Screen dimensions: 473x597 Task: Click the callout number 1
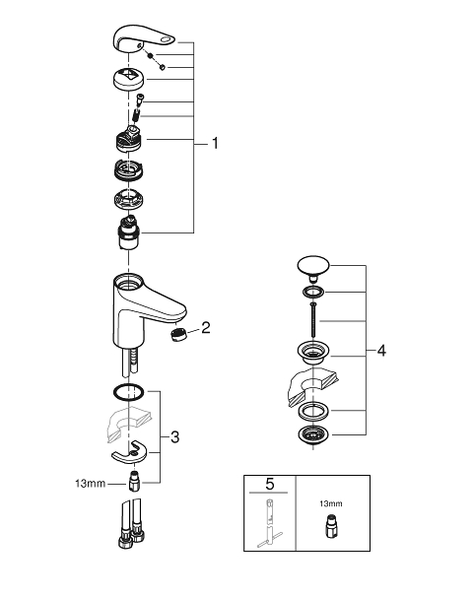[215, 144]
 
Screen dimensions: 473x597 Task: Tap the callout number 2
[206, 327]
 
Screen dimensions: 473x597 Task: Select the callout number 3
[174, 437]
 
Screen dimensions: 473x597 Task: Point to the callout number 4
[381, 351]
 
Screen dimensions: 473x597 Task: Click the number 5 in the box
[270, 484]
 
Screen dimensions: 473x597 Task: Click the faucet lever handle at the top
[144, 37]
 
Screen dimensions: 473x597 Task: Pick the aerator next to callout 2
[176, 335]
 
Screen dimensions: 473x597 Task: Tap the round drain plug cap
[313, 265]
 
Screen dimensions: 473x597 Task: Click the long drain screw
[313, 319]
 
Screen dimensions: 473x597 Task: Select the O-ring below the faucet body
[128, 392]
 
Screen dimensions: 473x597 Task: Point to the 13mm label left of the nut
[91, 484]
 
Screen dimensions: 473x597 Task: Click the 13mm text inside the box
[330, 503]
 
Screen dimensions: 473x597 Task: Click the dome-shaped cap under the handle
[129, 77]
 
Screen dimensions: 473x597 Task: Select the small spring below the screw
[136, 114]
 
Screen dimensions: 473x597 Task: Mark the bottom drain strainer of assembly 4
[312, 435]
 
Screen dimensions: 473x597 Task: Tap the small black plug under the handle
[151, 55]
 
